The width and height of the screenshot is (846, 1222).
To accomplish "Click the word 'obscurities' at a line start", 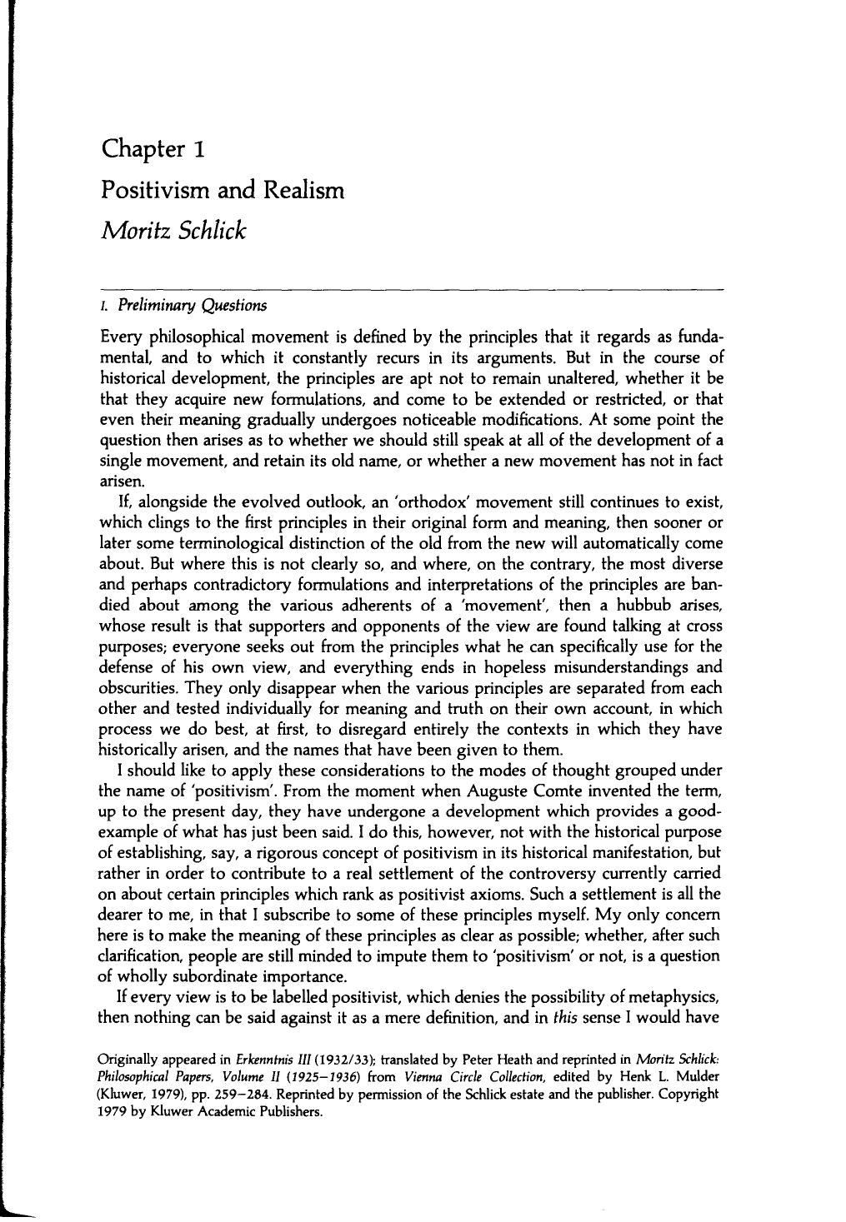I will [x=138, y=688].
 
